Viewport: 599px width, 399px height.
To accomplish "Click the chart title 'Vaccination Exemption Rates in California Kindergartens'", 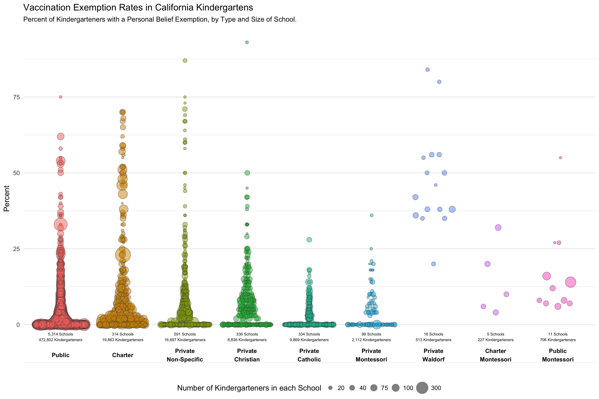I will click(x=138, y=8).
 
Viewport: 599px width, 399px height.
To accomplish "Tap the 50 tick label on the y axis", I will click(x=16, y=173).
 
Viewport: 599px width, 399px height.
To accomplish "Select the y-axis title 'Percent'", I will click(x=7, y=199).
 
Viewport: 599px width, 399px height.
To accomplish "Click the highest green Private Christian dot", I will click(x=247, y=42).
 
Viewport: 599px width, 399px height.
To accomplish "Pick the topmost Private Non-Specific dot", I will click(x=185, y=61).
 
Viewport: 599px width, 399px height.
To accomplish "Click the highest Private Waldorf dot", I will click(x=428, y=70).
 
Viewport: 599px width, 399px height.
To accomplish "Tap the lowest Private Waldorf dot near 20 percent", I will click(x=433, y=264).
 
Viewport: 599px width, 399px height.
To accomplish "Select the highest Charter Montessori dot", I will click(x=498, y=227).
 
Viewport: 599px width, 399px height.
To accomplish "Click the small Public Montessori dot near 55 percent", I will click(x=560, y=158).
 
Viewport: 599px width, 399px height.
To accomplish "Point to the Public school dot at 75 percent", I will click(x=61, y=97).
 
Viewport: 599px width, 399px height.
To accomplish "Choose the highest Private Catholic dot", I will click(x=309, y=240).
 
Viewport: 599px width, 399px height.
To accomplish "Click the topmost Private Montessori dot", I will click(x=372, y=215).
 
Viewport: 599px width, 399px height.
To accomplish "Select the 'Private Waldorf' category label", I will click(x=433, y=355).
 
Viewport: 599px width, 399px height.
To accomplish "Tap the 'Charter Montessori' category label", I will click(x=496, y=355).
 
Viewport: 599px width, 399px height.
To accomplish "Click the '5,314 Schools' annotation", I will click(x=61, y=334).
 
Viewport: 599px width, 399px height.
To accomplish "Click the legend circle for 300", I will click(x=422, y=388).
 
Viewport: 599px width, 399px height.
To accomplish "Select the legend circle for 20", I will click(x=330, y=388).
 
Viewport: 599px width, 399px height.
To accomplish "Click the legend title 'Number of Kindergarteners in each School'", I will click(x=249, y=388).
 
